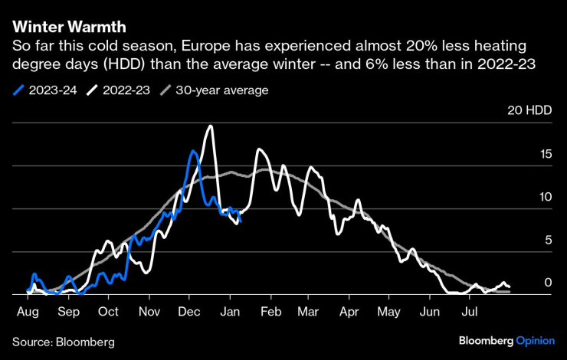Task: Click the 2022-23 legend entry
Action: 120,90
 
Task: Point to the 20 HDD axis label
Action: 529,110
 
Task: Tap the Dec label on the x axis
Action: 190,312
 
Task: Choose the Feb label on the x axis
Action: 271,312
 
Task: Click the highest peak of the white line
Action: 210,126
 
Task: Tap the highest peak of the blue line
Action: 192,152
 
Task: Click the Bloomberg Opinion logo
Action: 506,340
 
